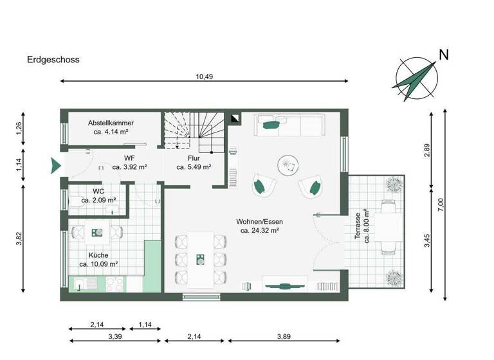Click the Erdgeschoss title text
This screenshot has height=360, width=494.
[x=53, y=60]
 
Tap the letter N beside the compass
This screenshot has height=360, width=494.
[x=443, y=55]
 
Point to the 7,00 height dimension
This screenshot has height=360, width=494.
[x=441, y=204]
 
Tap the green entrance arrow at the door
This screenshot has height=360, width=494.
[x=53, y=165]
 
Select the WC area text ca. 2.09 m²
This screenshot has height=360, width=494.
[x=98, y=200]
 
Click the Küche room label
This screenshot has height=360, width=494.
[x=98, y=255]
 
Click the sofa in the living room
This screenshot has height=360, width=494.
[x=292, y=124]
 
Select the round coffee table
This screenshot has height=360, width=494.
[x=287, y=165]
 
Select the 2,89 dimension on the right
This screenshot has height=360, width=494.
[x=426, y=150]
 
